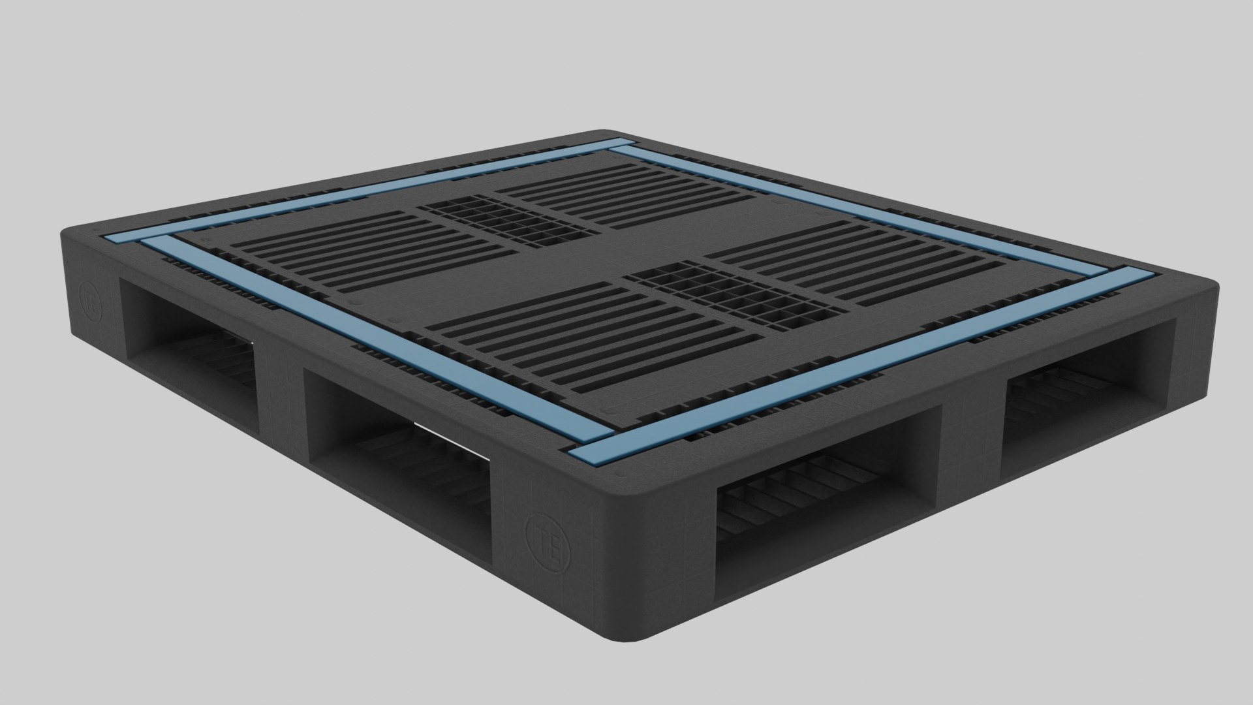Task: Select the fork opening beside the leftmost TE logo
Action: tap(189, 339)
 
